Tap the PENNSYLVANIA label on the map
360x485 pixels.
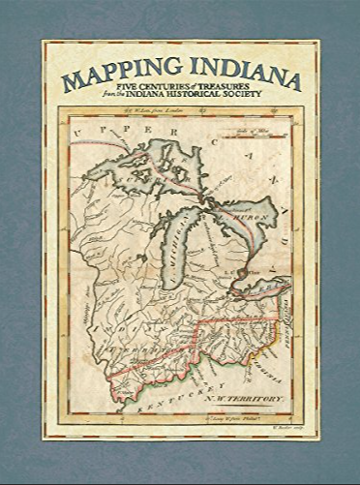pos(288,319)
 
